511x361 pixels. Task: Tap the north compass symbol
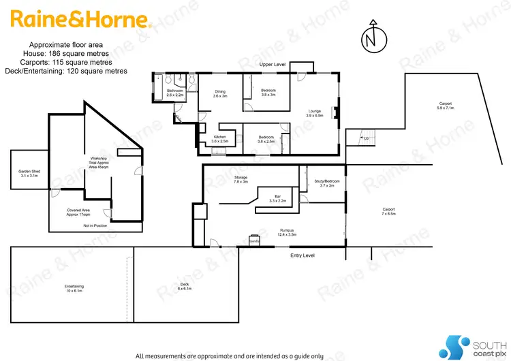coord(370,39)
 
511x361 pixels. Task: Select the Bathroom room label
coord(175,93)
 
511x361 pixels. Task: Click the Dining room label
coord(220,94)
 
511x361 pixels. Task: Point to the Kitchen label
coord(220,139)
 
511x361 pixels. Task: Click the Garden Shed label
coord(25,174)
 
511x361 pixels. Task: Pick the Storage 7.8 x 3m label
coord(241,180)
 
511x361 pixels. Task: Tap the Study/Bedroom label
coord(326,183)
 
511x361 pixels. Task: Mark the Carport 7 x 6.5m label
coord(388,211)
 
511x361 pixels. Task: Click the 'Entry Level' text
coord(303,255)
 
